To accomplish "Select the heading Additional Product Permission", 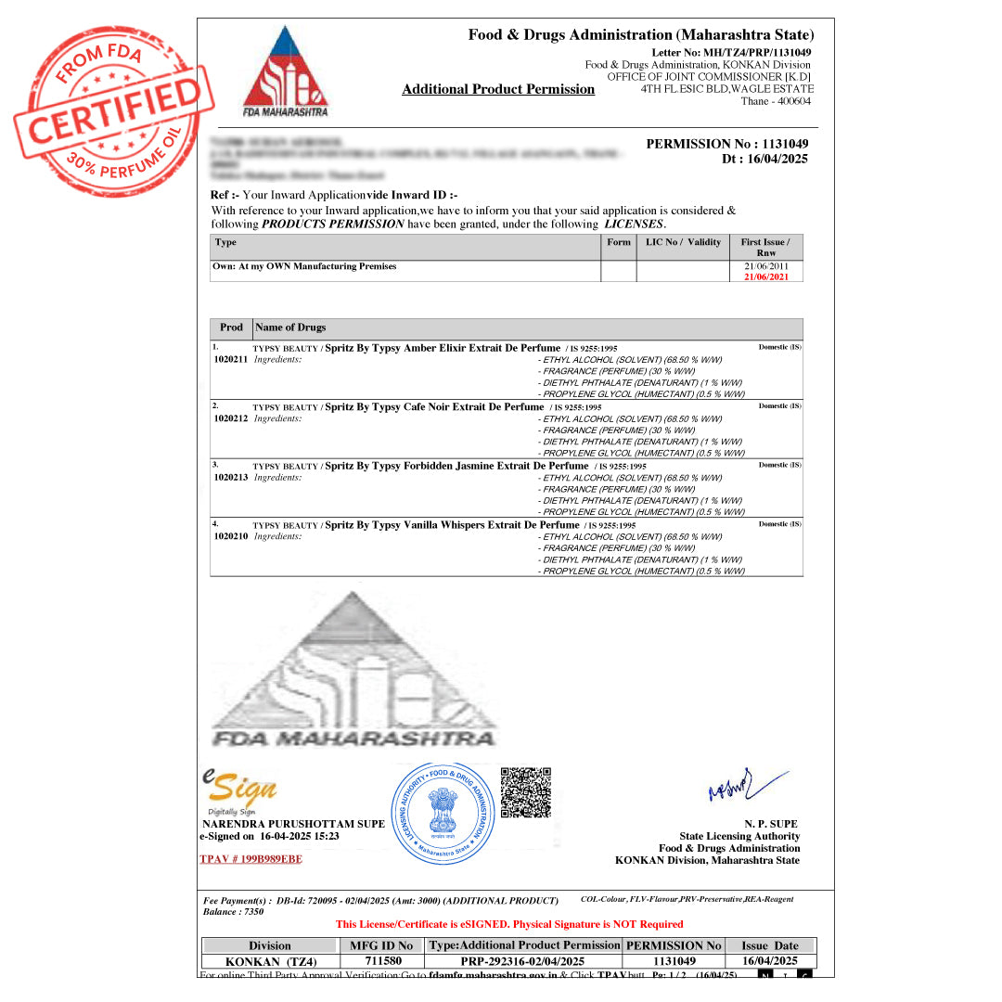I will click(x=498, y=90).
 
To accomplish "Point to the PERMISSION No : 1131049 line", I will click(x=726, y=144).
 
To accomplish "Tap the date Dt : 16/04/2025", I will click(x=764, y=159).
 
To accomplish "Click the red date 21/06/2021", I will click(x=765, y=277).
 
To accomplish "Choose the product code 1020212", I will click(x=231, y=418).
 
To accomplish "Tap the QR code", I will click(x=526, y=792).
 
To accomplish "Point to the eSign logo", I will click(x=240, y=790).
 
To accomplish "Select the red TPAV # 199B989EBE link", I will click(x=250, y=859).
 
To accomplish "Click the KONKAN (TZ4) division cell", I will click(x=270, y=961).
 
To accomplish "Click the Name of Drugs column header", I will click(x=290, y=328).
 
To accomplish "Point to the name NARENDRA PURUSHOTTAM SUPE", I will click(x=293, y=824).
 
